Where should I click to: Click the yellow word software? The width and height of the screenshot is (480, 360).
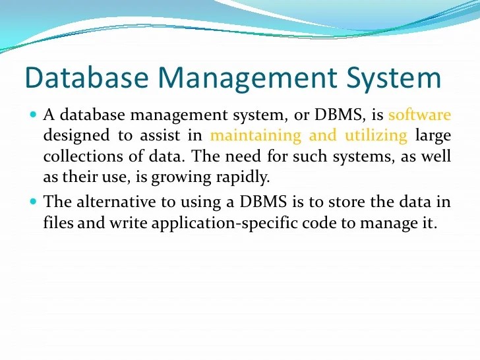(419, 115)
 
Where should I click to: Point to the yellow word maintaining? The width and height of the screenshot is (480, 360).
(255, 136)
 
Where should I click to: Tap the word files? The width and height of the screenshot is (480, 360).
(58, 222)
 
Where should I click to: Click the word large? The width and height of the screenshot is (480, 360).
(433, 136)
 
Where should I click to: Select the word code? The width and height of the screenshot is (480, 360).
(321, 222)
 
